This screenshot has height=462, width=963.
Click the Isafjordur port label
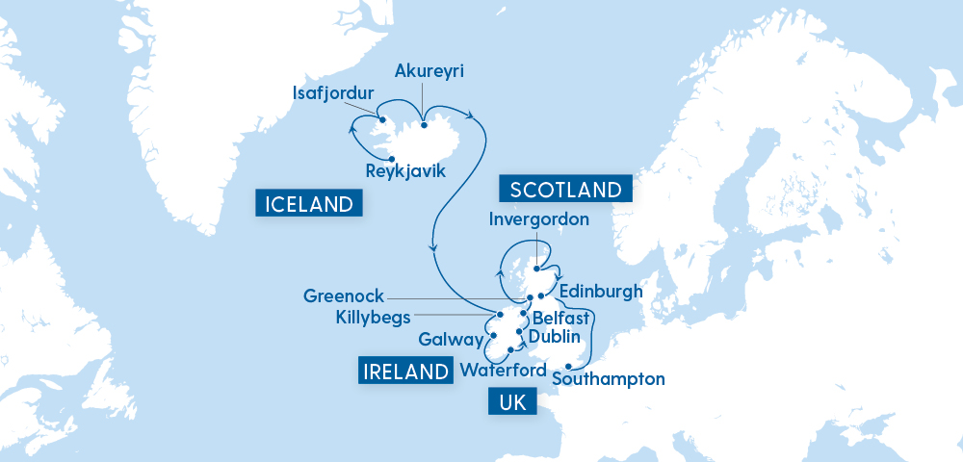point(333,93)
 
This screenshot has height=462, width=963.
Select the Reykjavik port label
point(406,171)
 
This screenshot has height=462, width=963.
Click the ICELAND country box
point(309,203)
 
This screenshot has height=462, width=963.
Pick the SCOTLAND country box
point(566,189)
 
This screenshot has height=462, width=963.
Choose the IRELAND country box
point(405,372)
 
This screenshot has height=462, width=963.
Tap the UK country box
point(513,403)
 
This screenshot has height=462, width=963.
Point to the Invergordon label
point(538,219)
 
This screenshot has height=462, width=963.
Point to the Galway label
point(450,339)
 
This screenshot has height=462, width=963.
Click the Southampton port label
point(609,378)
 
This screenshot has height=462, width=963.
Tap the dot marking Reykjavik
point(392,158)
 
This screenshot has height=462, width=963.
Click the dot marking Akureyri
point(424,124)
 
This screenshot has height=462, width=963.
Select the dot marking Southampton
point(570,366)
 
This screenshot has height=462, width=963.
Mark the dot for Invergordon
point(535,256)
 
